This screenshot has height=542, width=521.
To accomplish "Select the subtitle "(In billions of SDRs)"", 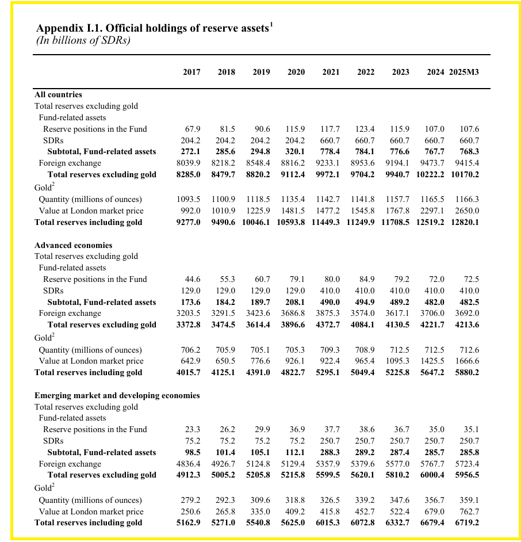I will [83, 40].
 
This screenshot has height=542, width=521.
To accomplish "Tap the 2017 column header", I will [191, 72].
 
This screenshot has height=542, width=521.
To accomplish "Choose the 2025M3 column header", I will [464, 72].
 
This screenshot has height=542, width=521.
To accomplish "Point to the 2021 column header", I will [331, 72].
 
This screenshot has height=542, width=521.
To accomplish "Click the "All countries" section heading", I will [58, 94].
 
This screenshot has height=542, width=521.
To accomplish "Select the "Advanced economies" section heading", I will [74, 245].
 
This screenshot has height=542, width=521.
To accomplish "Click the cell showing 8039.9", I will [189, 163].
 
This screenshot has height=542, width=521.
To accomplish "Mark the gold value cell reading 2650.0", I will [466, 211].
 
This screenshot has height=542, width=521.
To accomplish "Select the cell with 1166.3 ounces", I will [466, 199].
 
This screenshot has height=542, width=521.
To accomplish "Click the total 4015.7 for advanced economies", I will [189, 372].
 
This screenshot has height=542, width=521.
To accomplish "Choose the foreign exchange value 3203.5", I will [189, 313].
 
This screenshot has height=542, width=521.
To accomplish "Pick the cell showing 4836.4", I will [189, 464].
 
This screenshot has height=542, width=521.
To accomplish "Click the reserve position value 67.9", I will [191, 129].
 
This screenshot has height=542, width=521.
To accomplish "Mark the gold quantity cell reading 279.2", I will [190, 500].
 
